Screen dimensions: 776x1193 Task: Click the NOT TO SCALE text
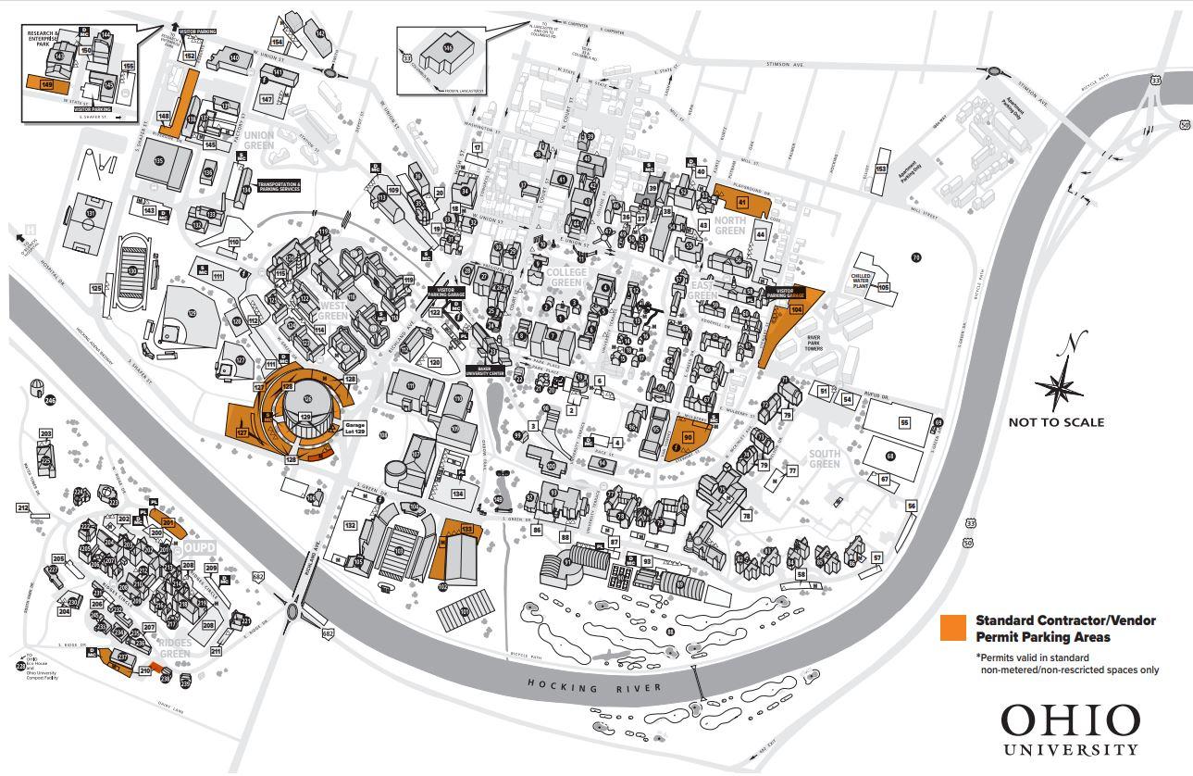tap(1056, 422)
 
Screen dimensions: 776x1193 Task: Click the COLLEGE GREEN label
tap(567, 278)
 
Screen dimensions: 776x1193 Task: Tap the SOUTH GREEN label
tap(824, 458)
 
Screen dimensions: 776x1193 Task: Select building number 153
tap(880, 169)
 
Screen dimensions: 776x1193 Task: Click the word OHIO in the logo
tap(1070, 721)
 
